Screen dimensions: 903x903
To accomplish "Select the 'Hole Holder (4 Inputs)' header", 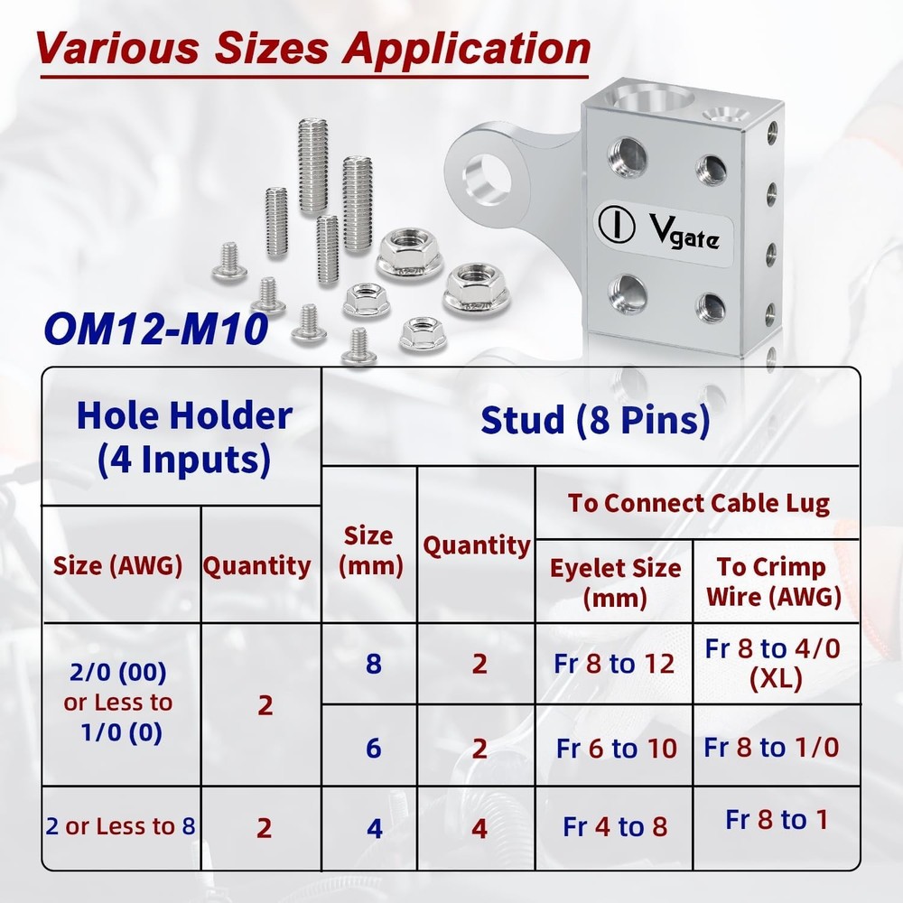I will point(184,437).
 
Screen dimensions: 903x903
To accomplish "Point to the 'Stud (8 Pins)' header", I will point(595,420).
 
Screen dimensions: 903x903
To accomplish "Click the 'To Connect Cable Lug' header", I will point(698,503).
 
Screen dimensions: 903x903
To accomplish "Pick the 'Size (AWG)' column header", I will point(118,566).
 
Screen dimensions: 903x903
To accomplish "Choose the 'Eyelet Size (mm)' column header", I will point(615,582).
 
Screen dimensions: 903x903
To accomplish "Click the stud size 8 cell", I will point(373,664).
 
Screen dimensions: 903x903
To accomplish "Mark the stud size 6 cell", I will point(373,748).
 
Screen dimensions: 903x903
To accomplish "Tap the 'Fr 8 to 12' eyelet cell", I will point(615,664).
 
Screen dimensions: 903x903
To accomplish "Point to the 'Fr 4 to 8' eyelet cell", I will point(615,826).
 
